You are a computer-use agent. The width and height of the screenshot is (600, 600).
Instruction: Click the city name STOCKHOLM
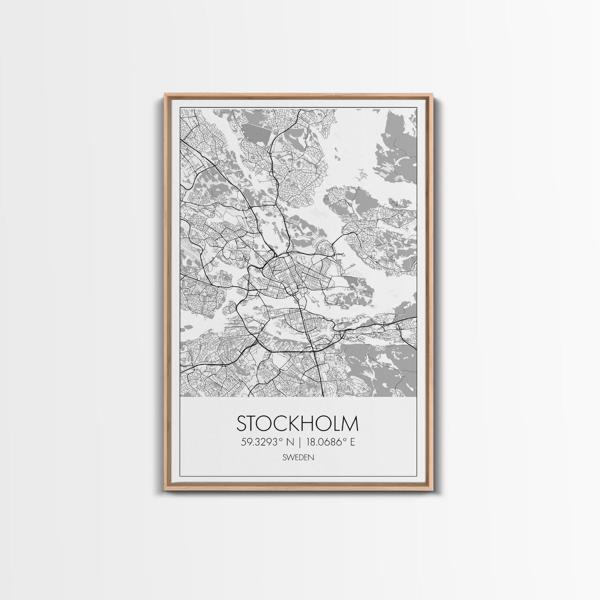tap(297, 423)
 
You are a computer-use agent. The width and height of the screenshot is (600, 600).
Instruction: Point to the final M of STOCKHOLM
tap(350, 423)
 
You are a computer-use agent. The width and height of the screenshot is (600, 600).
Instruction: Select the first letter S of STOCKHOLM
tap(241, 423)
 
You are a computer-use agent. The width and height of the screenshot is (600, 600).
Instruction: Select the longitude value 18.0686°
tap(328, 442)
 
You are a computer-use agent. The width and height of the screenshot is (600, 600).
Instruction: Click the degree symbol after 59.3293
tap(283, 439)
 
